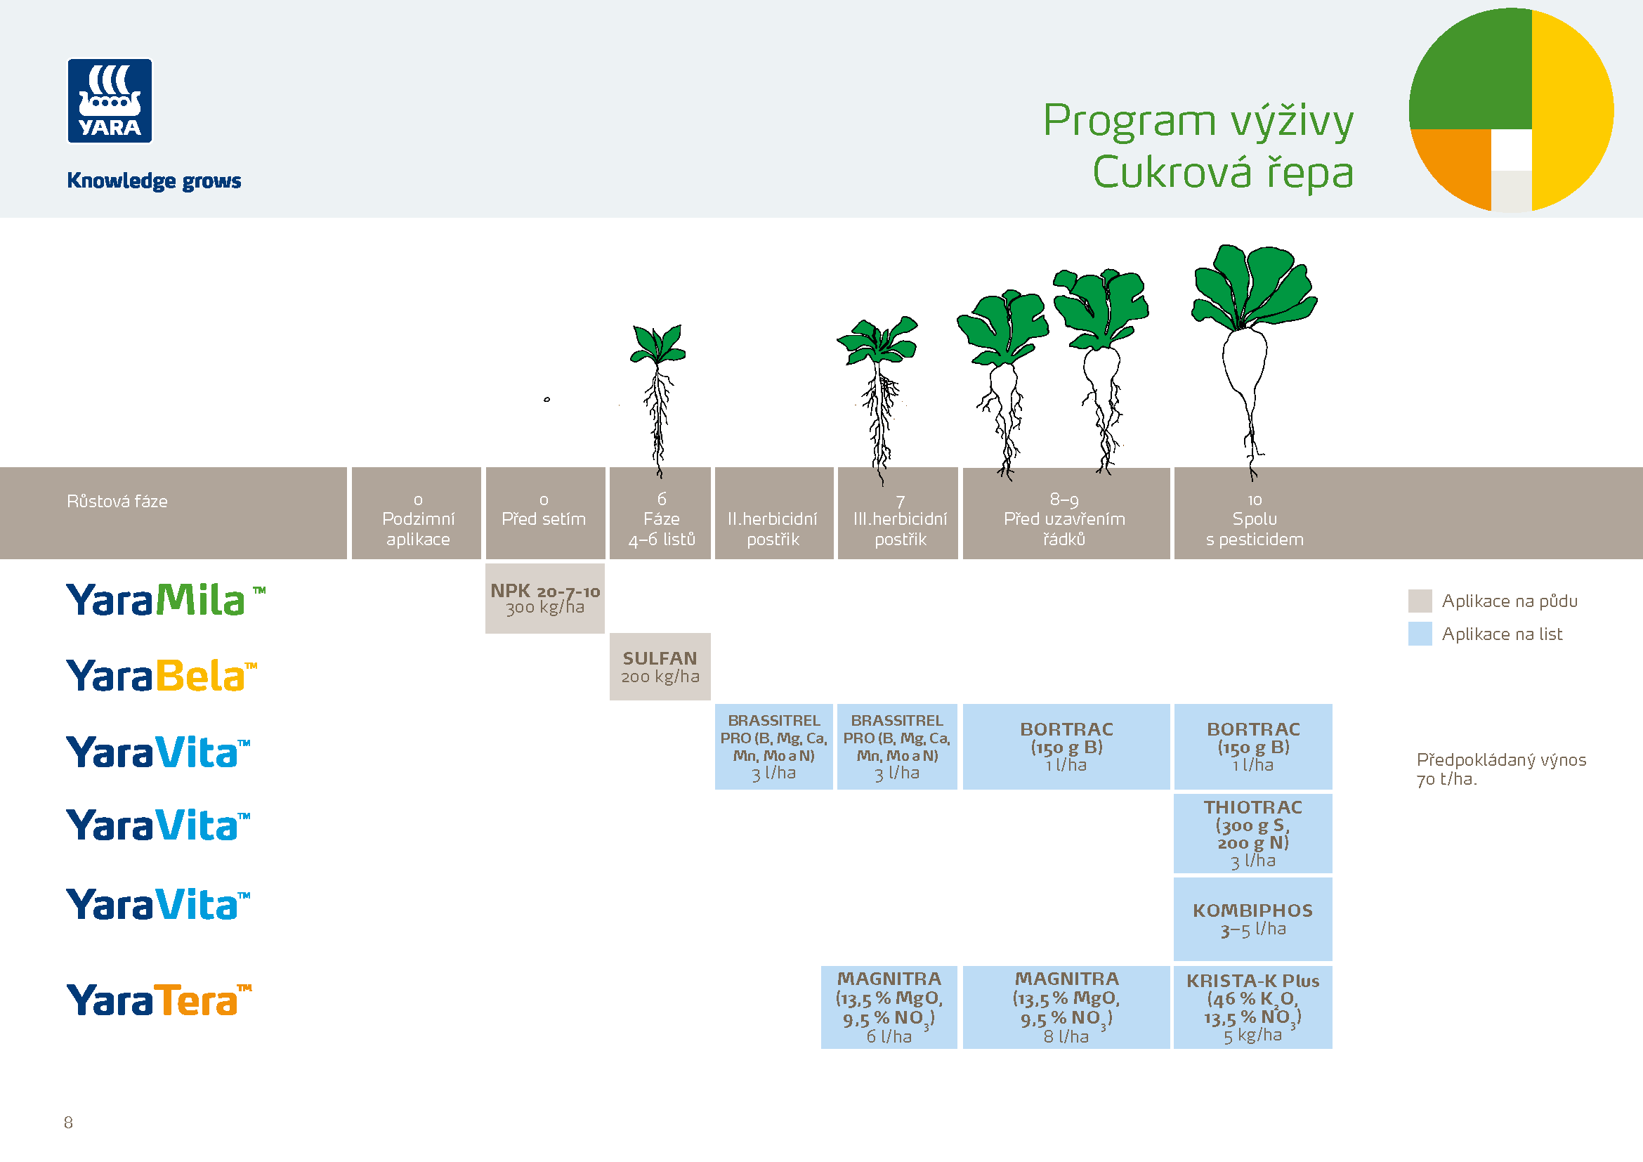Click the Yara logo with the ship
point(110,101)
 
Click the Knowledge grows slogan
point(154,181)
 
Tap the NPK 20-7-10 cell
point(544,598)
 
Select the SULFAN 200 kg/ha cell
point(660,666)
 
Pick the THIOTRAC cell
point(1252,834)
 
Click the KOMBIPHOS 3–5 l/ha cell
point(1252,920)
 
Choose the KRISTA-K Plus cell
point(1252,1007)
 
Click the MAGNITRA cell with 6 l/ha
point(889,1007)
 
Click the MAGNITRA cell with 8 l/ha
point(1066,1007)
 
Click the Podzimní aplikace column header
point(417,518)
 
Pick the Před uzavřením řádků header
point(1065,518)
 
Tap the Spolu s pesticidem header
point(1255,518)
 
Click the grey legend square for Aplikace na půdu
point(1420,601)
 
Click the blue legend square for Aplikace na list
point(1420,634)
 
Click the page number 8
point(68,1122)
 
